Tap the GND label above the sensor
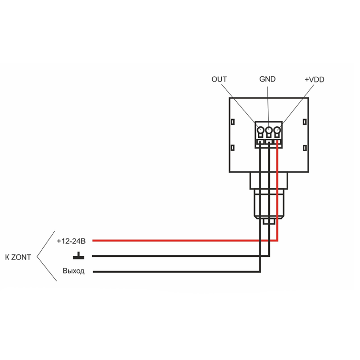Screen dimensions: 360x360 pos(267,79)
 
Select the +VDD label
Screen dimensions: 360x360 pos(314,79)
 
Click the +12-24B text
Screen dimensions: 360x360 pos(71,240)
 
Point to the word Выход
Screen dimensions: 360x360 pos(73,271)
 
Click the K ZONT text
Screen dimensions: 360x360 pos(18,257)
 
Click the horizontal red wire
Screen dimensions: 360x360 pos(182,240)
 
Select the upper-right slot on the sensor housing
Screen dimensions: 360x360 pos(306,122)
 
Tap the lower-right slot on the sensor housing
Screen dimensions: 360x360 pos(306,147)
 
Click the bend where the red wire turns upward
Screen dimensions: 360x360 pos(277,240)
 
